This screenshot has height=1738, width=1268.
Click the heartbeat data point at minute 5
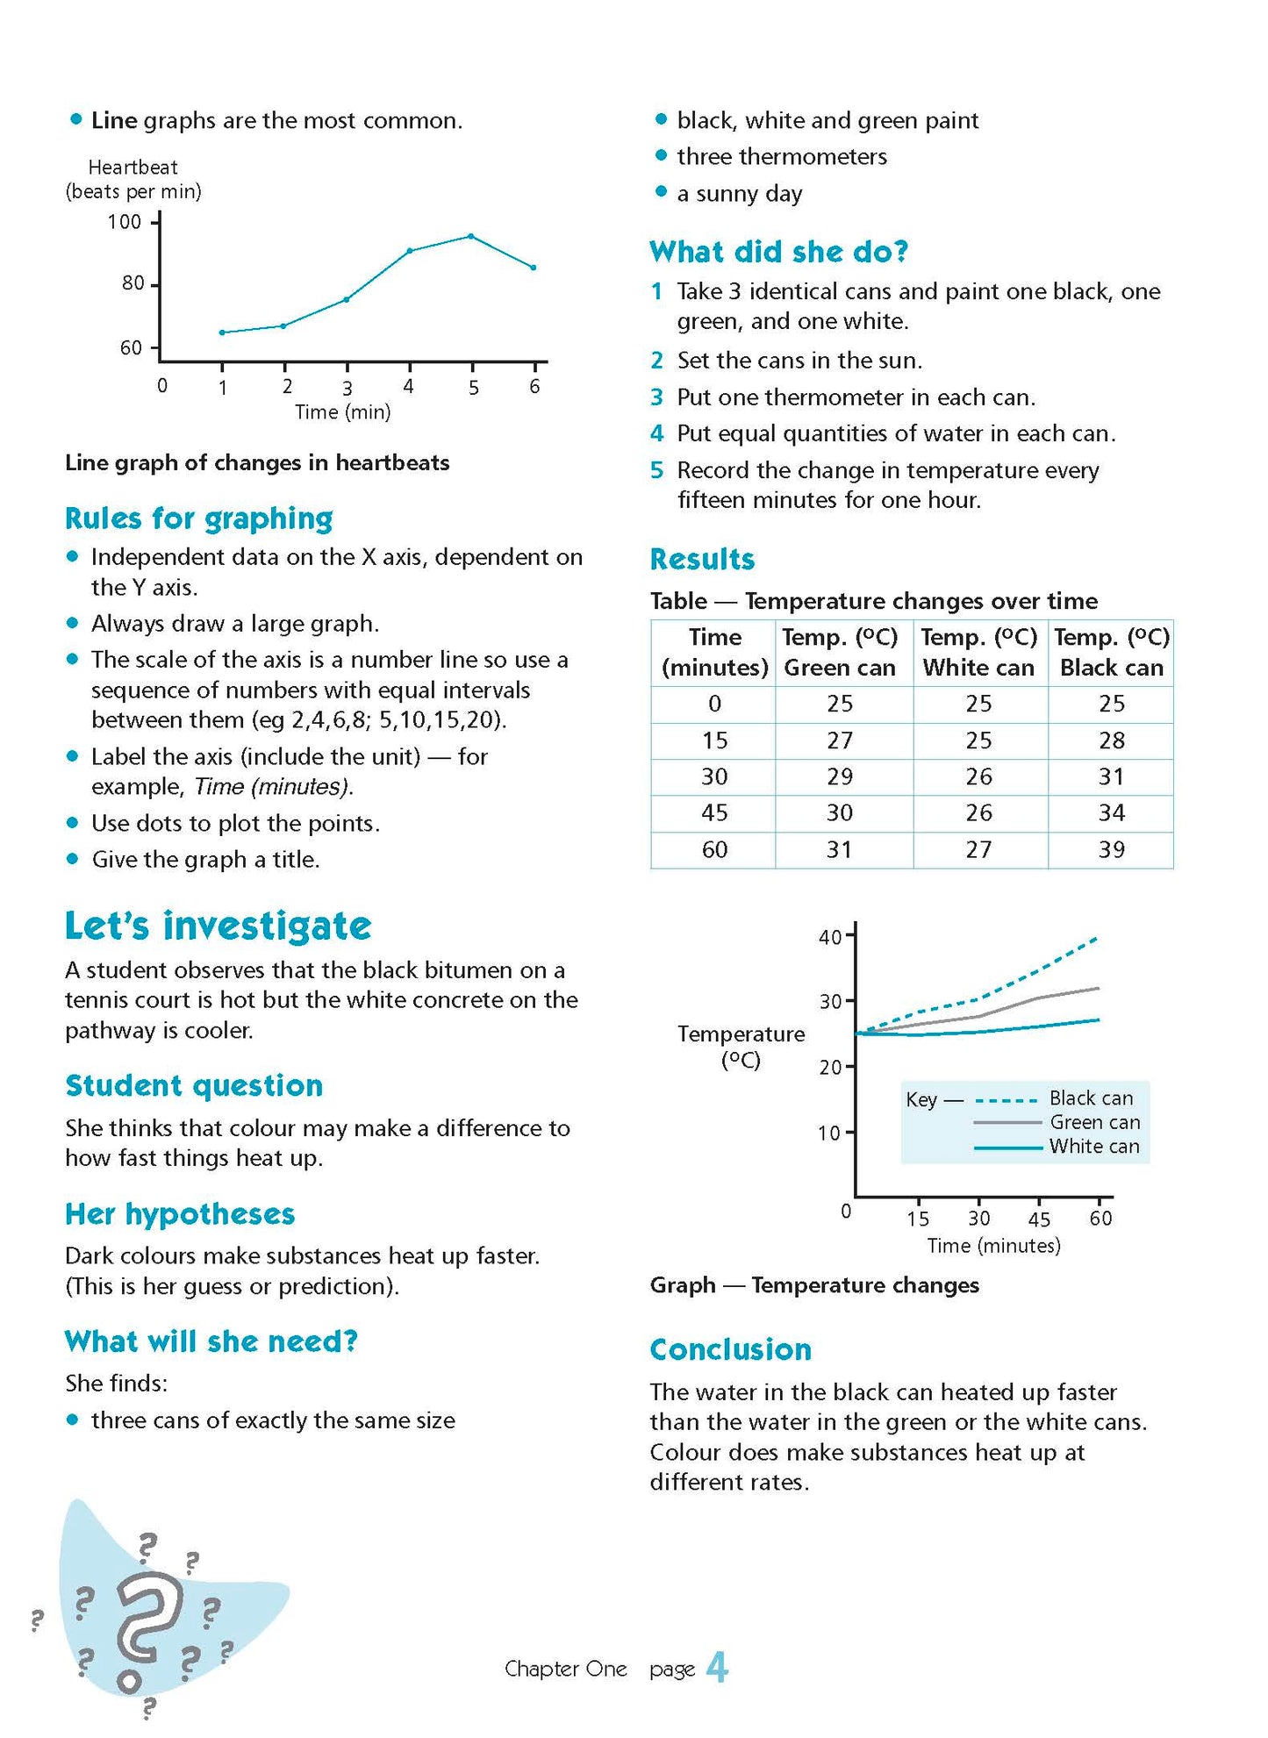click(471, 236)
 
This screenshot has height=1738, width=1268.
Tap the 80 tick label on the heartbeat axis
click(133, 283)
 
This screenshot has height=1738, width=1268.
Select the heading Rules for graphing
click(199, 519)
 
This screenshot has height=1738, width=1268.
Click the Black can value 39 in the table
click(1111, 849)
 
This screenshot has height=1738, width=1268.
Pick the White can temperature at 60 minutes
click(978, 849)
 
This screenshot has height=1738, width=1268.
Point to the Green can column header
click(840, 652)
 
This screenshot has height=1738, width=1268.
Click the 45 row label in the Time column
click(714, 812)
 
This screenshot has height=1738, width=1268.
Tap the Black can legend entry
click(1091, 1098)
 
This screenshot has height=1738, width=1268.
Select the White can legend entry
click(1093, 1146)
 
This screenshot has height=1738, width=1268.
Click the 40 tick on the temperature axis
click(829, 937)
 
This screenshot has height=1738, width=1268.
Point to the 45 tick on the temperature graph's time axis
click(1039, 1219)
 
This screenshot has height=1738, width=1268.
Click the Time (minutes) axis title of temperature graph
click(993, 1245)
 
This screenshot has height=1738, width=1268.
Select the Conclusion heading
click(730, 1349)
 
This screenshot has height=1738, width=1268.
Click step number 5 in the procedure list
click(656, 470)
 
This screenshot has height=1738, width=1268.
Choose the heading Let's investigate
click(218, 926)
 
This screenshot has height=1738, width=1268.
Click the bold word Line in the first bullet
click(114, 120)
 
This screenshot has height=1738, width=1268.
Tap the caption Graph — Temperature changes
click(813, 1285)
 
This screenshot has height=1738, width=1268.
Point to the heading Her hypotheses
click(180, 1214)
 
